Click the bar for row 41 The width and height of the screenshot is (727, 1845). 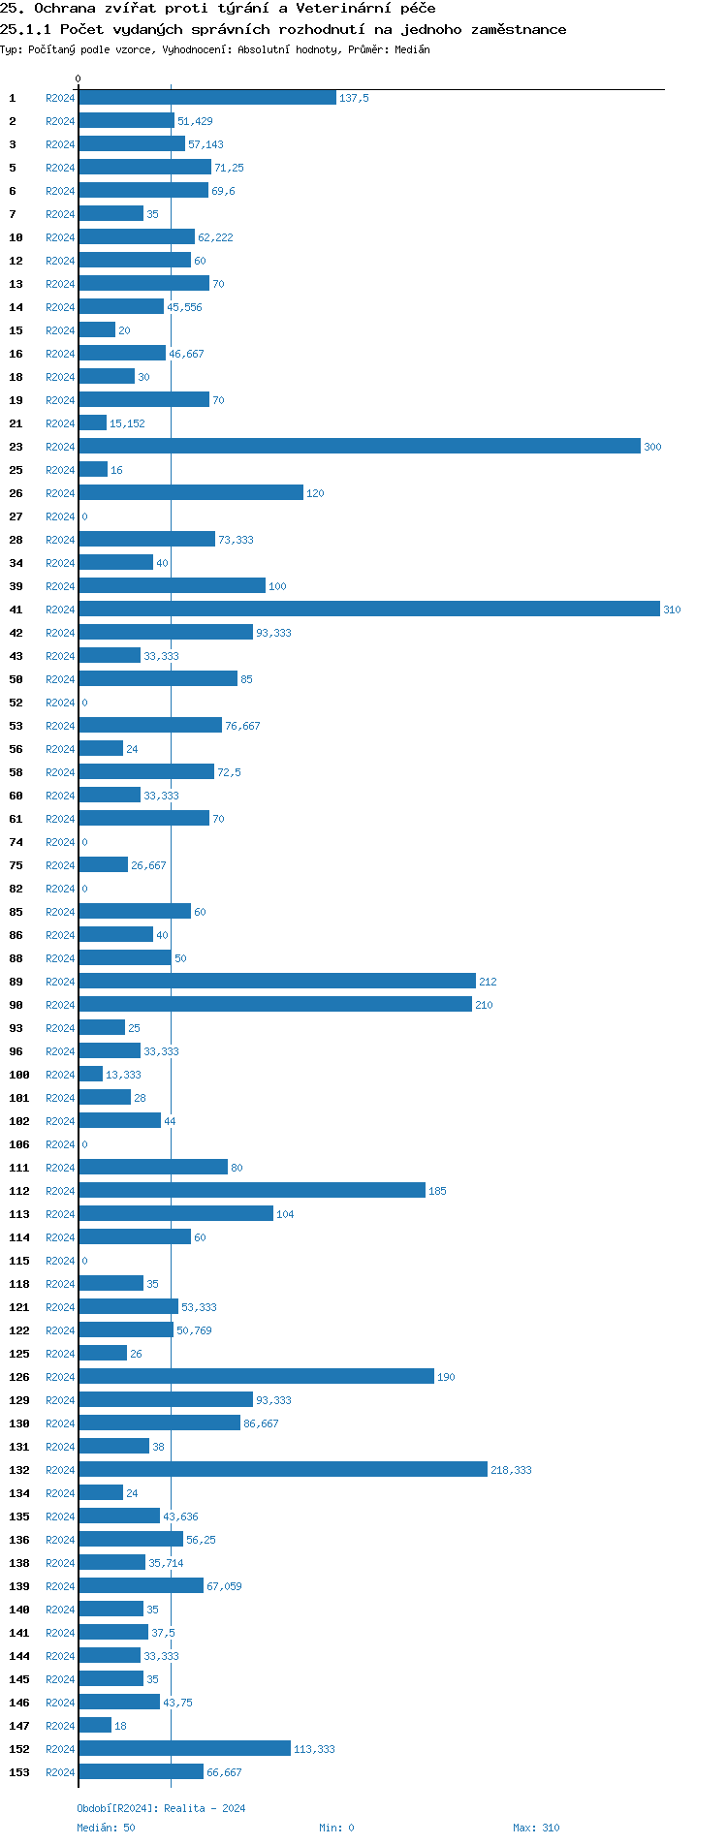click(x=368, y=609)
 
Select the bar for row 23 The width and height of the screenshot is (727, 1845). click(x=359, y=446)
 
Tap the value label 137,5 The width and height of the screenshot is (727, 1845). click(x=354, y=98)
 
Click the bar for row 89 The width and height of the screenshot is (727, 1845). click(x=277, y=981)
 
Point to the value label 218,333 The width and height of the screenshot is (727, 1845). click(x=511, y=1470)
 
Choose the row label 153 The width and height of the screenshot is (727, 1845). click(x=19, y=1772)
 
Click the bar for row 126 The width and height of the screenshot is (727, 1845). click(x=256, y=1376)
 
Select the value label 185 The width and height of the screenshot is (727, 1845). click(x=437, y=1191)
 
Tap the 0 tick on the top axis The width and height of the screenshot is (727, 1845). click(x=79, y=78)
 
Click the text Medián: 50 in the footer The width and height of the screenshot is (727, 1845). click(x=106, y=1828)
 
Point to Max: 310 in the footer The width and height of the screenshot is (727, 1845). click(x=536, y=1828)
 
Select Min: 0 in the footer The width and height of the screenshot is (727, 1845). click(x=336, y=1828)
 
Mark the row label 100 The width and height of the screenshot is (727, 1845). click(x=19, y=1075)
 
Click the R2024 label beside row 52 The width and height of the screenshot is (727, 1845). click(x=60, y=703)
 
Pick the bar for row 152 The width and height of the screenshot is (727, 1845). click(x=184, y=1748)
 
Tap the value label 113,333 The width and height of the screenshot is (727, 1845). click(x=314, y=1749)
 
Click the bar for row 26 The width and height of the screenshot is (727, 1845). click(x=191, y=492)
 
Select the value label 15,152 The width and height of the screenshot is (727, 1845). click(x=127, y=423)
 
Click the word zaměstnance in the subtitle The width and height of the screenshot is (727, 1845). click(x=518, y=30)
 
